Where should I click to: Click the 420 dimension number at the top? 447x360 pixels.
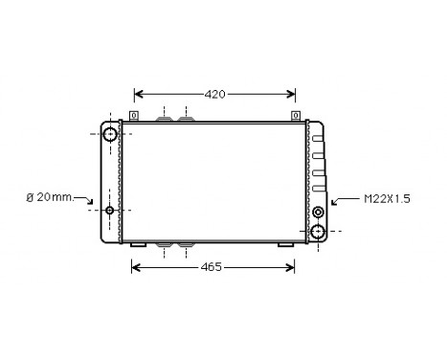click(214, 94)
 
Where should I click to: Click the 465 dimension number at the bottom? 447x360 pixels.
click(213, 267)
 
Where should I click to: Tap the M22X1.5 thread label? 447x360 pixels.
click(386, 199)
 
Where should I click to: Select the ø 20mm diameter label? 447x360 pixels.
click(48, 197)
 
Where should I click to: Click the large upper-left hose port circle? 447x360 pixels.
click(110, 134)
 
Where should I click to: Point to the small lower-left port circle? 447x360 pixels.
click(110, 211)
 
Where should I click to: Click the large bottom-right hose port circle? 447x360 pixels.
click(318, 231)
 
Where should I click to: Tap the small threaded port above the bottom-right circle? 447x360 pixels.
click(318, 212)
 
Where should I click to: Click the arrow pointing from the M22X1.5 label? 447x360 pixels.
click(338, 201)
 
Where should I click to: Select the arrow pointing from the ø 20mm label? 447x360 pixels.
click(88, 202)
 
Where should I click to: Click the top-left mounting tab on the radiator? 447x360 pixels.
click(134, 117)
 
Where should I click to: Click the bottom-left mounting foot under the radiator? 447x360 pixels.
click(138, 246)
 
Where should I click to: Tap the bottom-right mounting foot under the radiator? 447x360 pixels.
click(286, 246)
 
